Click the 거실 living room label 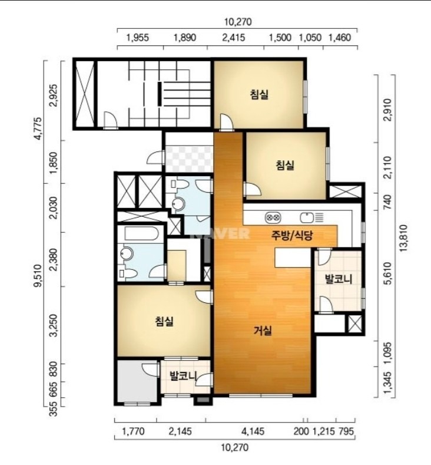pyautogui.click(x=263, y=331)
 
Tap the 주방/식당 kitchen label pyautogui.click(x=292, y=236)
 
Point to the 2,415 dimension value pyautogui.click(x=234, y=38)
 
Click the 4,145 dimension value pyautogui.click(x=253, y=431)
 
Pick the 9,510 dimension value pyautogui.click(x=38, y=276)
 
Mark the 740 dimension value pyautogui.click(x=387, y=202)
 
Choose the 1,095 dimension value pyautogui.click(x=387, y=353)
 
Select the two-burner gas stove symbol pyautogui.click(x=273, y=217)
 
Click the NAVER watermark pyautogui.click(x=221, y=234)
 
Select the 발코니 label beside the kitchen pyautogui.click(x=339, y=279)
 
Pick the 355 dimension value pyautogui.click(x=54, y=408)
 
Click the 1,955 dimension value pyautogui.click(x=137, y=38)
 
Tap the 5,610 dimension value pyautogui.click(x=387, y=273)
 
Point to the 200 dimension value pyautogui.click(x=301, y=431)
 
